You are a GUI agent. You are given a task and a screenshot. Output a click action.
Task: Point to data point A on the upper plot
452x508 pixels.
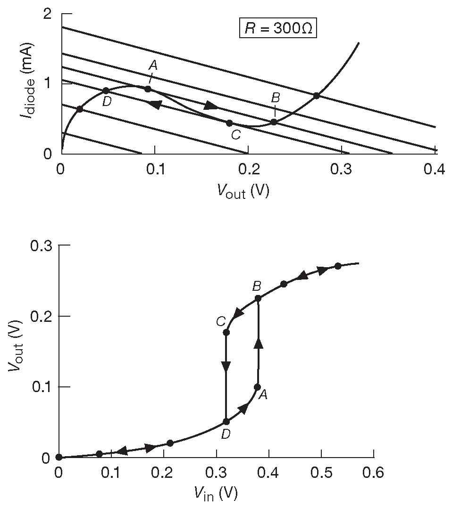click(148, 89)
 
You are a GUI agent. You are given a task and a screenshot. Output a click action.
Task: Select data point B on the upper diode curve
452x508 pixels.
click(274, 122)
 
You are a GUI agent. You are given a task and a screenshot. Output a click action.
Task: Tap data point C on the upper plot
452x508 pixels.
click(229, 123)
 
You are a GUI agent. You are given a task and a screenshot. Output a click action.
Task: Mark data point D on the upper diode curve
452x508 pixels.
click(106, 90)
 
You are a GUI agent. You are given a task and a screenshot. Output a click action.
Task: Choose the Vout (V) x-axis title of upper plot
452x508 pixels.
click(243, 190)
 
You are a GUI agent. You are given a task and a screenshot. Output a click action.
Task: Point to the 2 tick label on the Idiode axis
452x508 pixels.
click(47, 14)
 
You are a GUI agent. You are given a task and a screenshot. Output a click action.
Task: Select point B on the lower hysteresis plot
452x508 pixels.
click(258, 298)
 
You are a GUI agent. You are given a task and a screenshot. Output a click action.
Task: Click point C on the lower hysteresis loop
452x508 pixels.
click(226, 332)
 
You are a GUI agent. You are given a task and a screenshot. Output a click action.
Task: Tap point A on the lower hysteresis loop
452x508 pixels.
click(257, 387)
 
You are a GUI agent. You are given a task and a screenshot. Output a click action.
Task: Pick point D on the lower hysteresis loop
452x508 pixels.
click(226, 421)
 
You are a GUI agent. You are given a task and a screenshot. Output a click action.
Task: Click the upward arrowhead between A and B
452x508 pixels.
click(258, 344)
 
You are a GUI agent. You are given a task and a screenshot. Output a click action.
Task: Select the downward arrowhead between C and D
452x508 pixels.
click(226, 366)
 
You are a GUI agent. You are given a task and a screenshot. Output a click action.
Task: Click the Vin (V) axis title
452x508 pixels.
click(215, 493)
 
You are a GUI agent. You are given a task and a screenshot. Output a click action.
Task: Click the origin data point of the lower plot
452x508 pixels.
click(59, 457)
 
